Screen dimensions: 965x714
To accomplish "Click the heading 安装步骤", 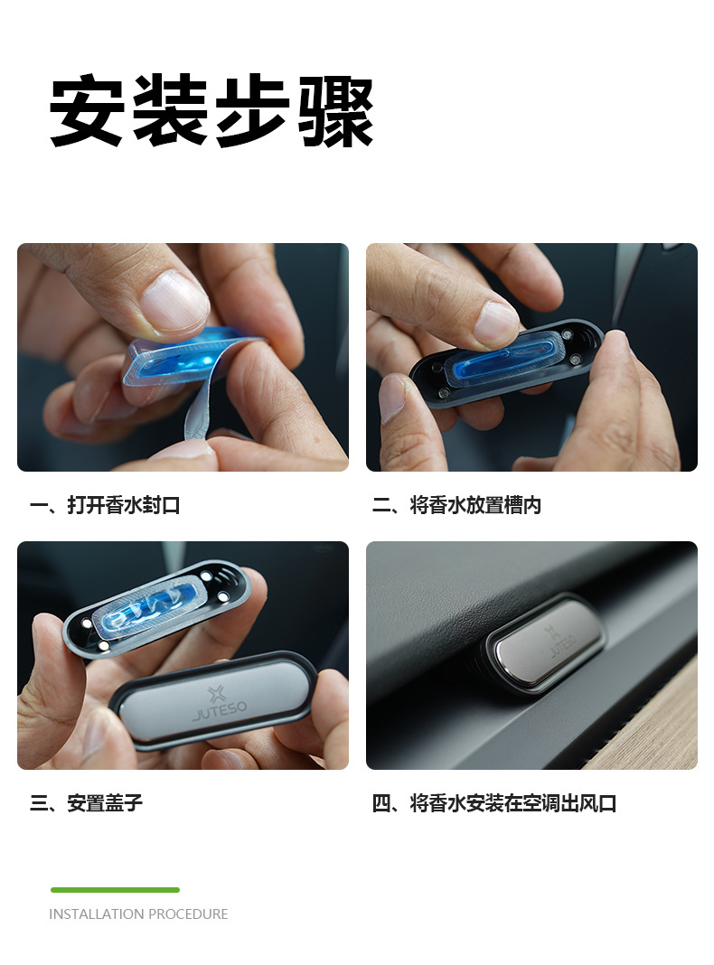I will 211,113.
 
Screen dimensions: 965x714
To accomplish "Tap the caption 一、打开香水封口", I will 105,505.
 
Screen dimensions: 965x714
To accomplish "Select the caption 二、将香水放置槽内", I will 456,505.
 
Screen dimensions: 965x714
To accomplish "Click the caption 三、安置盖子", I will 87,802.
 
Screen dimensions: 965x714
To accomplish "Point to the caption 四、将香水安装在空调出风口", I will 493,802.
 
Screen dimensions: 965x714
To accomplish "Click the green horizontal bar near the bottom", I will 115,890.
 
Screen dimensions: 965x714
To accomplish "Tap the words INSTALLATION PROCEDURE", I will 138,914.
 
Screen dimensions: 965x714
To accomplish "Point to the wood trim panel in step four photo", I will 660,723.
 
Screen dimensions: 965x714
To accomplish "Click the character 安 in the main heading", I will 87,113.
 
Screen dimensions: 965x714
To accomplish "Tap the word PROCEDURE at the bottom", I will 188,914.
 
